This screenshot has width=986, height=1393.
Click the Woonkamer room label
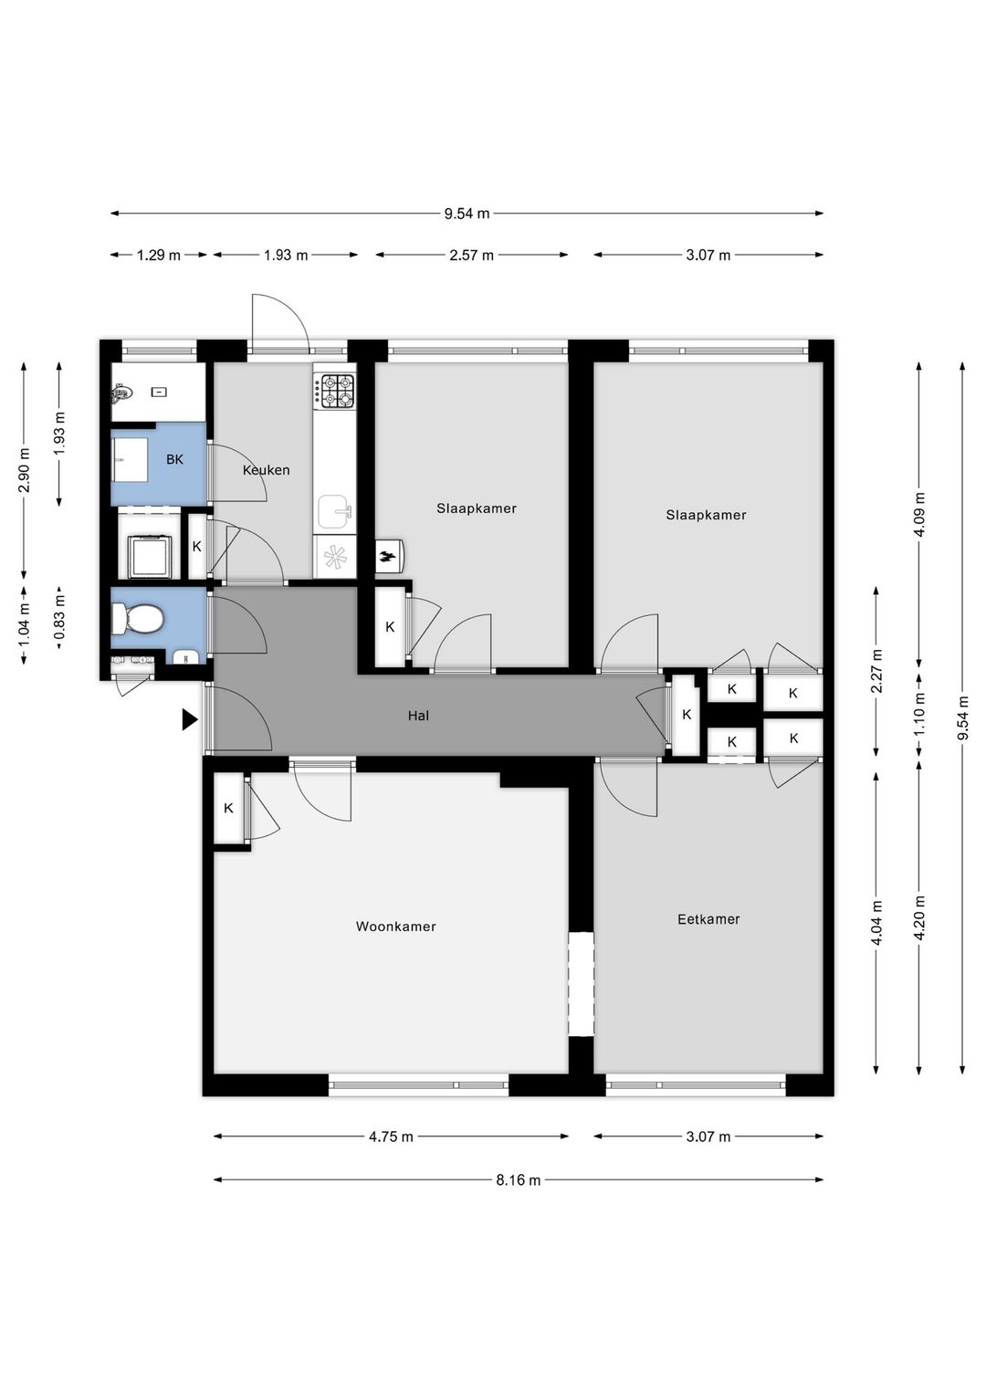coord(395,927)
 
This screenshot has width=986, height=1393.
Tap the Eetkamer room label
coord(708,919)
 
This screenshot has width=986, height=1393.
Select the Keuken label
coord(266,470)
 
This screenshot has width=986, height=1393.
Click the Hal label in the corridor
coord(418,716)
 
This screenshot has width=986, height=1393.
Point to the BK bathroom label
coord(174,459)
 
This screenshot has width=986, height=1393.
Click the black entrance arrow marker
coord(189,719)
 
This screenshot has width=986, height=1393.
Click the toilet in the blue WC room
coord(138,621)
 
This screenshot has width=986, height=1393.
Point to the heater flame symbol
coord(388,555)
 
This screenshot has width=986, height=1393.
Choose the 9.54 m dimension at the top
coord(467,214)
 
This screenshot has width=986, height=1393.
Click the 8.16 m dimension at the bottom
coord(518,1180)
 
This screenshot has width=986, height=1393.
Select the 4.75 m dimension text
coord(391,1136)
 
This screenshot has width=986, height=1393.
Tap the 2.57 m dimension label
coord(471,256)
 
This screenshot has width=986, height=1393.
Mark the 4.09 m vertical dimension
coord(919,514)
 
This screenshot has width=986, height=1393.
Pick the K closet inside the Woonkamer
coord(228,808)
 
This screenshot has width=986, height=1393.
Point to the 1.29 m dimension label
coord(159,256)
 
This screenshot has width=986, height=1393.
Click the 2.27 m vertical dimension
coord(876,671)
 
